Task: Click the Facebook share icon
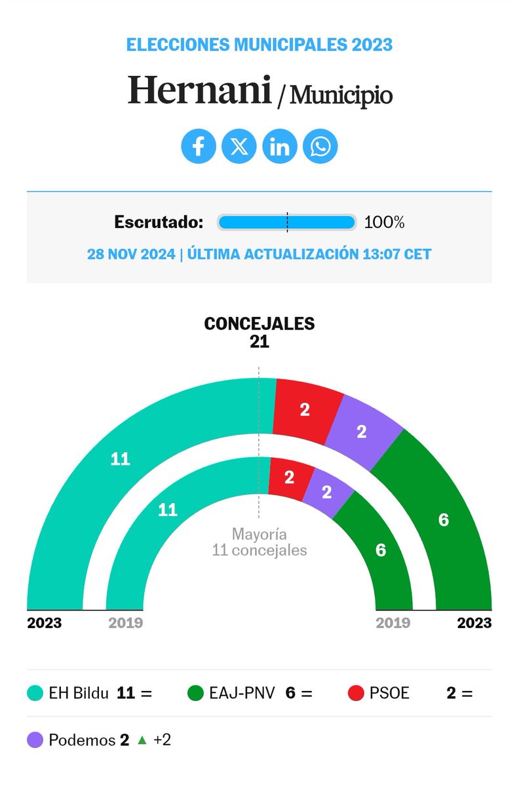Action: click(199, 146)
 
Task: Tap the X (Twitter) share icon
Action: click(239, 146)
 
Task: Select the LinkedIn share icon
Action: click(280, 146)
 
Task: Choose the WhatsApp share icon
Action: click(320, 146)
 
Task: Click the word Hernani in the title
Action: click(199, 90)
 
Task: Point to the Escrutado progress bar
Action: click(286, 222)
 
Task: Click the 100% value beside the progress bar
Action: click(384, 222)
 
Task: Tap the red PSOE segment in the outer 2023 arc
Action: click(305, 409)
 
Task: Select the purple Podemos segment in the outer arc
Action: click(362, 432)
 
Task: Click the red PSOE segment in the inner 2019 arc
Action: click(289, 477)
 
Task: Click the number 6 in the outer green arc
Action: click(444, 520)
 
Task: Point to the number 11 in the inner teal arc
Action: click(168, 510)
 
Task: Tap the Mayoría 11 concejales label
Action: click(259, 542)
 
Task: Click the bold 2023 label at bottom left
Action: click(45, 623)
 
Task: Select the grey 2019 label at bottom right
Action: click(393, 623)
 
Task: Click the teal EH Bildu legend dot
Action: click(35, 693)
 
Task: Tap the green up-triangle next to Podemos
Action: click(142, 741)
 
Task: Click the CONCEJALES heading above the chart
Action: click(259, 324)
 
